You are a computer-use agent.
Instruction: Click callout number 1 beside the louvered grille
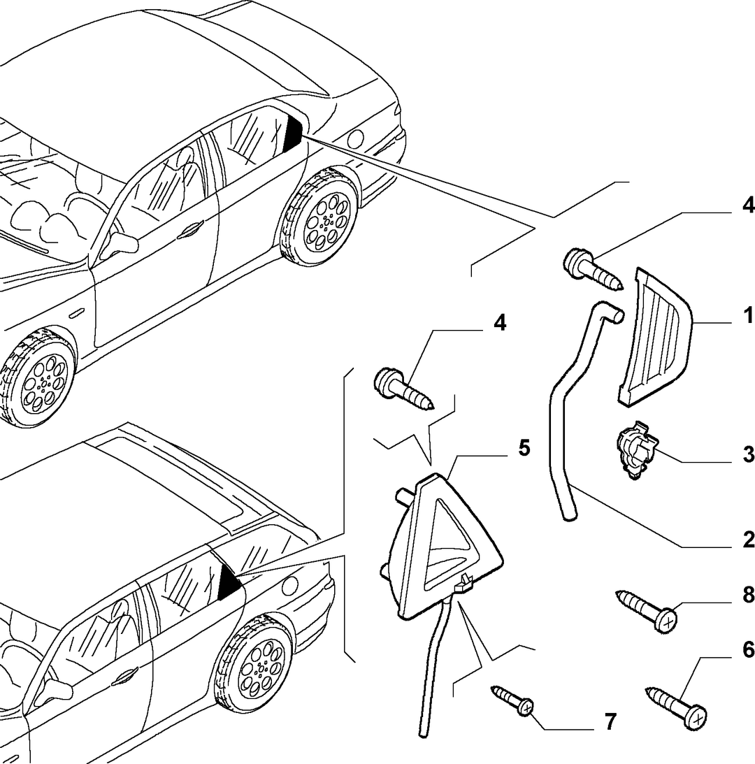point(748,315)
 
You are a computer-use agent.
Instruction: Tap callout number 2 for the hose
point(748,540)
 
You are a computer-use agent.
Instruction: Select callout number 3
point(748,454)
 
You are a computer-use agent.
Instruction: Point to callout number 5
point(524,448)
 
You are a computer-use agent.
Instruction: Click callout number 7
point(610,721)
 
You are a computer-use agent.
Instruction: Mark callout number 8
point(748,594)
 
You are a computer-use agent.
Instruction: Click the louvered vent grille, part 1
point(656,337)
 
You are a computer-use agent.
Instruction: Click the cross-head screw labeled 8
point(647,611)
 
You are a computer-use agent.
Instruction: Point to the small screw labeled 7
point(512,699)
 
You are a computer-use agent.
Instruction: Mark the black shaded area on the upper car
point(293,134)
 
